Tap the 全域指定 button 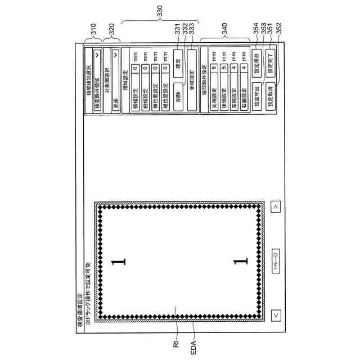[192, 80]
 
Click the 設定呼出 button [256, 91]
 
